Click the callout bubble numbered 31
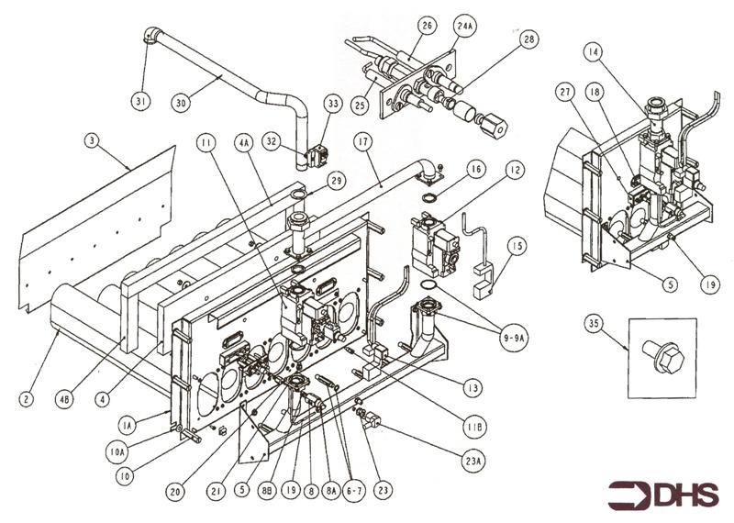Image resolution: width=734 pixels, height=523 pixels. click(140, 100)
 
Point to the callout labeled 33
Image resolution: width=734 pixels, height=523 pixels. click(332, 104)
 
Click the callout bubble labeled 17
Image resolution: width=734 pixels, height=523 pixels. click(363, 142)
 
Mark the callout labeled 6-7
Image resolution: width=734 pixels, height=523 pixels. click(350, 492)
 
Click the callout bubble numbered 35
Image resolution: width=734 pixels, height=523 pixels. click(593, 324)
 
